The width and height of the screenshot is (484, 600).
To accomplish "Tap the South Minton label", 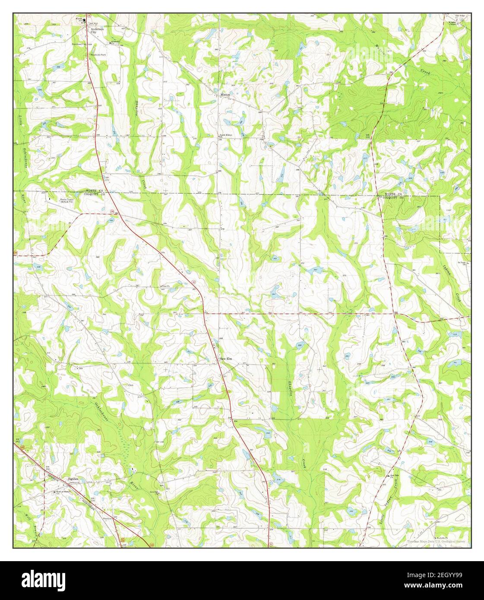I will pos(225,135).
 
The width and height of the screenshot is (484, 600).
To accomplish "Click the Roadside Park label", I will pos(98,55).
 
